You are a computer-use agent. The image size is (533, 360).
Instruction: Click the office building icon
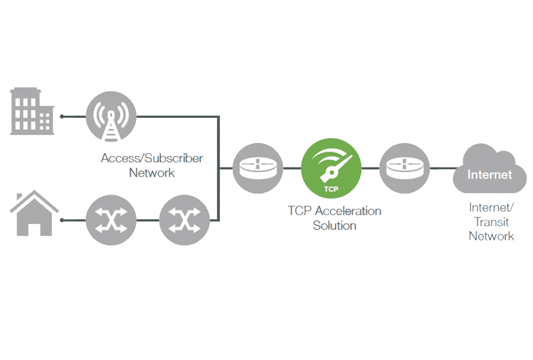click(x=32, y=111)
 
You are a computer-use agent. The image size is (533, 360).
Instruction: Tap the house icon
click(x=34, y=213)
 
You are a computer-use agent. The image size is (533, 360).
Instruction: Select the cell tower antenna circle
click(x=111, y=116)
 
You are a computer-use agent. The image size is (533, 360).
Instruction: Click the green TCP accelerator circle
click(x=331, y=169)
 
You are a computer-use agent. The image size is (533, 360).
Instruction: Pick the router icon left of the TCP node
click(x=258, y=168)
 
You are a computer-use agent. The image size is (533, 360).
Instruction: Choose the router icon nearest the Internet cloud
click(x=405, y=168)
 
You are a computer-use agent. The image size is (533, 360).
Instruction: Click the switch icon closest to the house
click(x=111, y=220)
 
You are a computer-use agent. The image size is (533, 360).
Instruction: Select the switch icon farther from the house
click(x=184, y=220)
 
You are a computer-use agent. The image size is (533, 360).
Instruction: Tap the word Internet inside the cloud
click(x=489, y=174)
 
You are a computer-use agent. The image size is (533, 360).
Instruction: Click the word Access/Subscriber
click(x=151, y=158)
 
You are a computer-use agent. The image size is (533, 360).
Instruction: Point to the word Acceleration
click(x=348, y=211)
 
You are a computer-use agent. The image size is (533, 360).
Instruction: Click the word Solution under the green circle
click(x=335, y=226)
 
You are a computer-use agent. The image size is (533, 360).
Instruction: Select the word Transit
click(x=491, y=222)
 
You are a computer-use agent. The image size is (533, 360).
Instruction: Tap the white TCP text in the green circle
click(x=331, y=189)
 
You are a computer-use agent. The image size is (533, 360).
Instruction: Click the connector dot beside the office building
click(x=62, y=116)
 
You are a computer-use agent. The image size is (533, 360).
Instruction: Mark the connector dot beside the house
click(x=62, y=220)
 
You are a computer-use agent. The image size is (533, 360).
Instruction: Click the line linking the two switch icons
click(x=148, y=220)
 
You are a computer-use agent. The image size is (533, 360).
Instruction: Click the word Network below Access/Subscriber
click(x=151, y=173)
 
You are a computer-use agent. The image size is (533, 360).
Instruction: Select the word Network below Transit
click(x=491, y=236)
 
